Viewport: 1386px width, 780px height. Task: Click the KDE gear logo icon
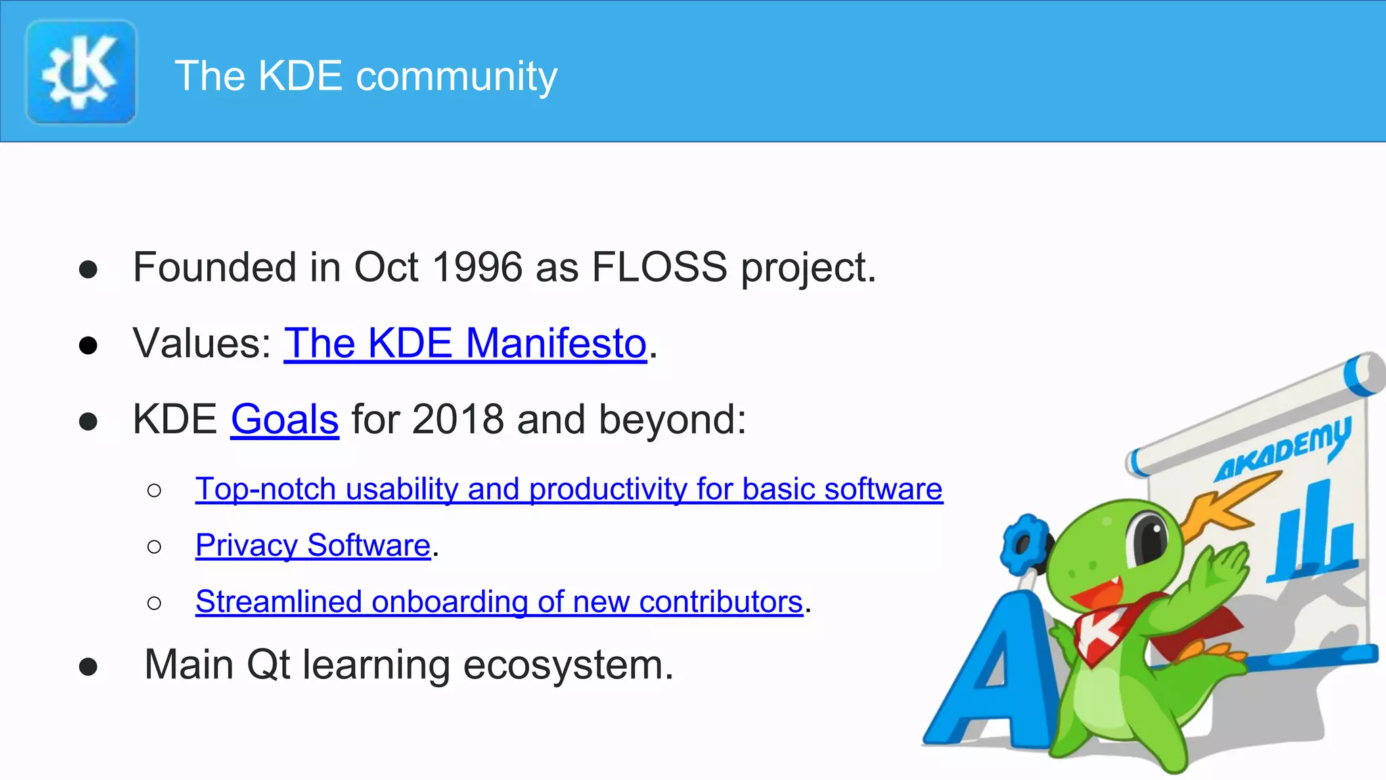click(81, 72)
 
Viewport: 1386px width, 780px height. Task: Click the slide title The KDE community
click(366, 75)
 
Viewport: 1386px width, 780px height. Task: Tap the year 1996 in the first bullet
click(477, 267)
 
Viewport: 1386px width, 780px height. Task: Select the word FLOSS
click(659, 267)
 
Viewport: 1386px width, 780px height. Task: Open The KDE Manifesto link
click(465, 343)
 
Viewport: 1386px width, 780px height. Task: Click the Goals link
click(284, 419)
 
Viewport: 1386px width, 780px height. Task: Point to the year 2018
click(457, 419)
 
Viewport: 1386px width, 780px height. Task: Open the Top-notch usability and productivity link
click(568, 489)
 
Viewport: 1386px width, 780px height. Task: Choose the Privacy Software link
click(313, 545)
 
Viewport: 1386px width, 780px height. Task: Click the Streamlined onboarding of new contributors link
click(499, 601)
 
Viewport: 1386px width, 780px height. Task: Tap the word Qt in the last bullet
click(268, 664)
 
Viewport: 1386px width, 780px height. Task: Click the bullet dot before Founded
click(88, 269)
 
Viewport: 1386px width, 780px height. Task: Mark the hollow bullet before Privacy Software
click(154, 546)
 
